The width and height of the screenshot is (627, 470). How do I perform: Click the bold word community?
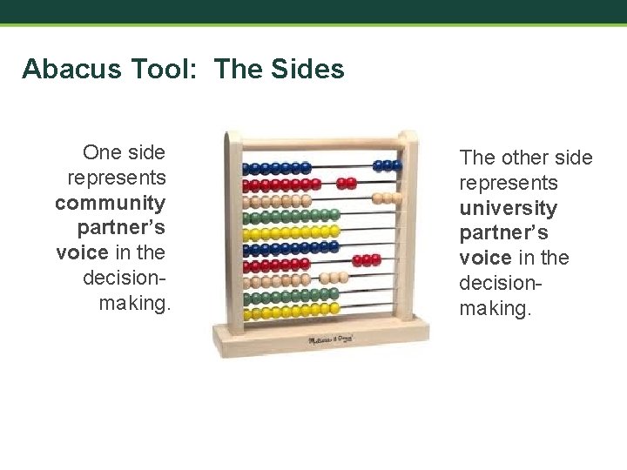pyautogui.click(x=110, y=203)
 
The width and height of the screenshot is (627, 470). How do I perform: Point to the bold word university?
pyautogui.click(x=509, y=208)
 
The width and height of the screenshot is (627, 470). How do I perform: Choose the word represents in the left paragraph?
pyautogui.click(x=116, y=178)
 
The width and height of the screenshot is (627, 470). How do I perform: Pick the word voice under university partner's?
pyautogui.click(x=486, y=258)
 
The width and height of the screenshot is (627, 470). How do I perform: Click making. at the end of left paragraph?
pyautogui.click(x=136, y=303)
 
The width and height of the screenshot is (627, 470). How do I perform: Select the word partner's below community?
pyautogui.click(x=121, y=228)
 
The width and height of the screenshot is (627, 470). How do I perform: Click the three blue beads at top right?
pyautogui.click(x=388, y=165)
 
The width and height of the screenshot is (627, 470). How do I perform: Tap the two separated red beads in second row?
pyautogui.click(x=347, y=184)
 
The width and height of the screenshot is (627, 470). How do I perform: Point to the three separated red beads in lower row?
pyautogui.click(x=367, y=259)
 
